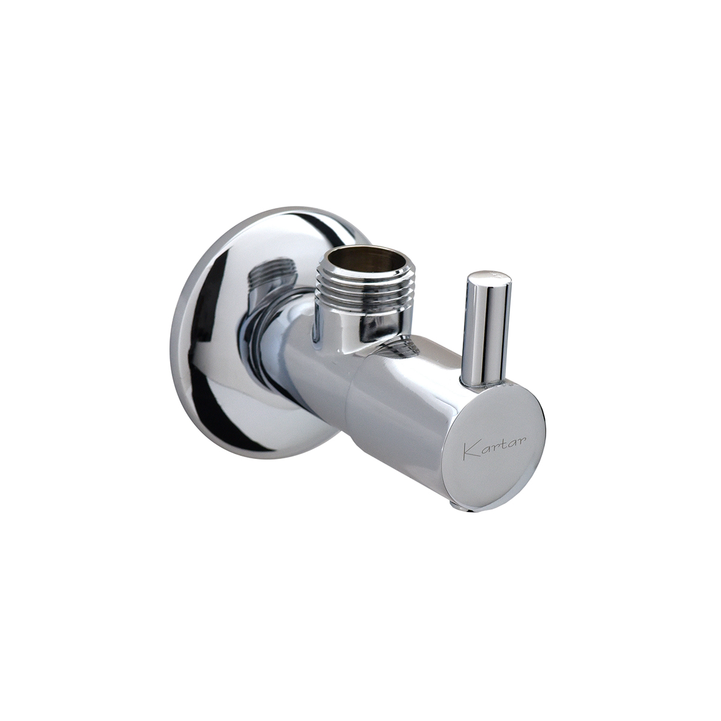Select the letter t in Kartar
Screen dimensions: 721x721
tap(501, 444)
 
